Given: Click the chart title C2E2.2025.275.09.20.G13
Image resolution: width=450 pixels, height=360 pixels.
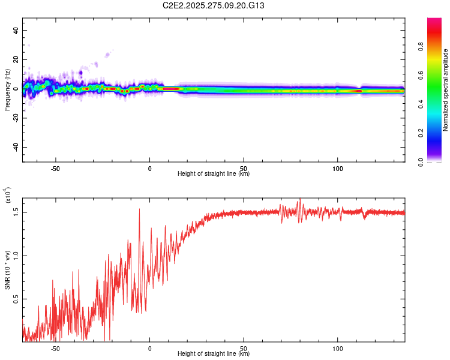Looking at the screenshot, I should click(x=226, y=5).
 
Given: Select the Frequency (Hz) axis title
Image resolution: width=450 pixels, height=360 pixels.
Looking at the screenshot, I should click(x=8, y=89).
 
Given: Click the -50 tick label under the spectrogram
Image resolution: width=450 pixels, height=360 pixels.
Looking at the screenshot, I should click(x=55, y=168).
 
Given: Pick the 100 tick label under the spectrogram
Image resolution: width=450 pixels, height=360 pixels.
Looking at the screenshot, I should click(x=338, y=168).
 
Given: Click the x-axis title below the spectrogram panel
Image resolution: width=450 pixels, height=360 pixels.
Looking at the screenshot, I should click(x=214, y=174).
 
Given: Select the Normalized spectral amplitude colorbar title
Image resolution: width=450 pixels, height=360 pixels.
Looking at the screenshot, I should click(x=446, y=90).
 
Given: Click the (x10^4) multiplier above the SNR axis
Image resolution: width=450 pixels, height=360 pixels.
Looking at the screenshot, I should click(x=8, y=195).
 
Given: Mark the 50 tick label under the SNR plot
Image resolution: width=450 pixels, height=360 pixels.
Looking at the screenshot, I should click(x=244, y=348).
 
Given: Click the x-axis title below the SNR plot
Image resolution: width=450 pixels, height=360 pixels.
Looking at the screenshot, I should click(x=214, y=354).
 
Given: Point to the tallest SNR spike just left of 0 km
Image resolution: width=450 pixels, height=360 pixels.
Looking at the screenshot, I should click(x=140, y=209).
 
